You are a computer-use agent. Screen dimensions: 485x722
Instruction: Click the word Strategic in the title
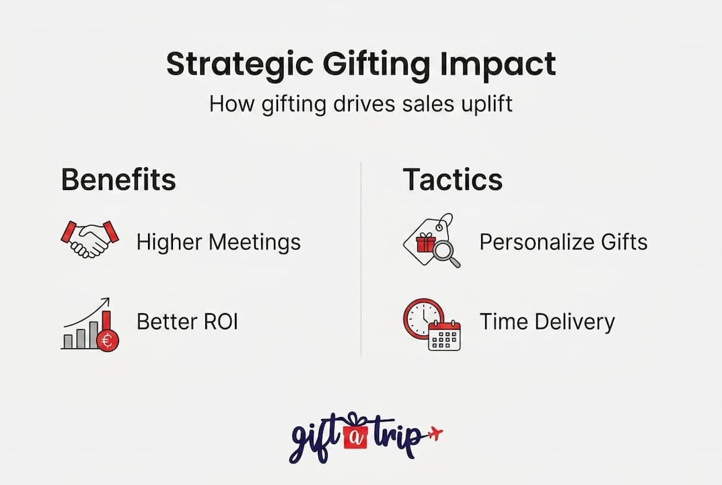click(x=237, y=65)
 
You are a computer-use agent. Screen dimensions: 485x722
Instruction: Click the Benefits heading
click(x=118, y=181)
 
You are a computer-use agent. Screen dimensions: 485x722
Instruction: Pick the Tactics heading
click(x=452, y=181)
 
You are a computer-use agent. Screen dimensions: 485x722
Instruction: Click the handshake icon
click(x=90, y=240)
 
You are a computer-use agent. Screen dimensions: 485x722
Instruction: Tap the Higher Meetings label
click(x=219, y=242)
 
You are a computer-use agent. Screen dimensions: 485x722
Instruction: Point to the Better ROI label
click(x=187, y=322)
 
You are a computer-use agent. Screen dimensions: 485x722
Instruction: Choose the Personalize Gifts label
click(x=563, y=242)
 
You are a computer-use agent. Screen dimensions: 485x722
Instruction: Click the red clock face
click(x=422, y=316)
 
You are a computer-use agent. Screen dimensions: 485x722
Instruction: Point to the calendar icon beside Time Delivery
click(x=444, y=335)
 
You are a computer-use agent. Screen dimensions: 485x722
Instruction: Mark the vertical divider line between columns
click(x=361, y=259)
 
